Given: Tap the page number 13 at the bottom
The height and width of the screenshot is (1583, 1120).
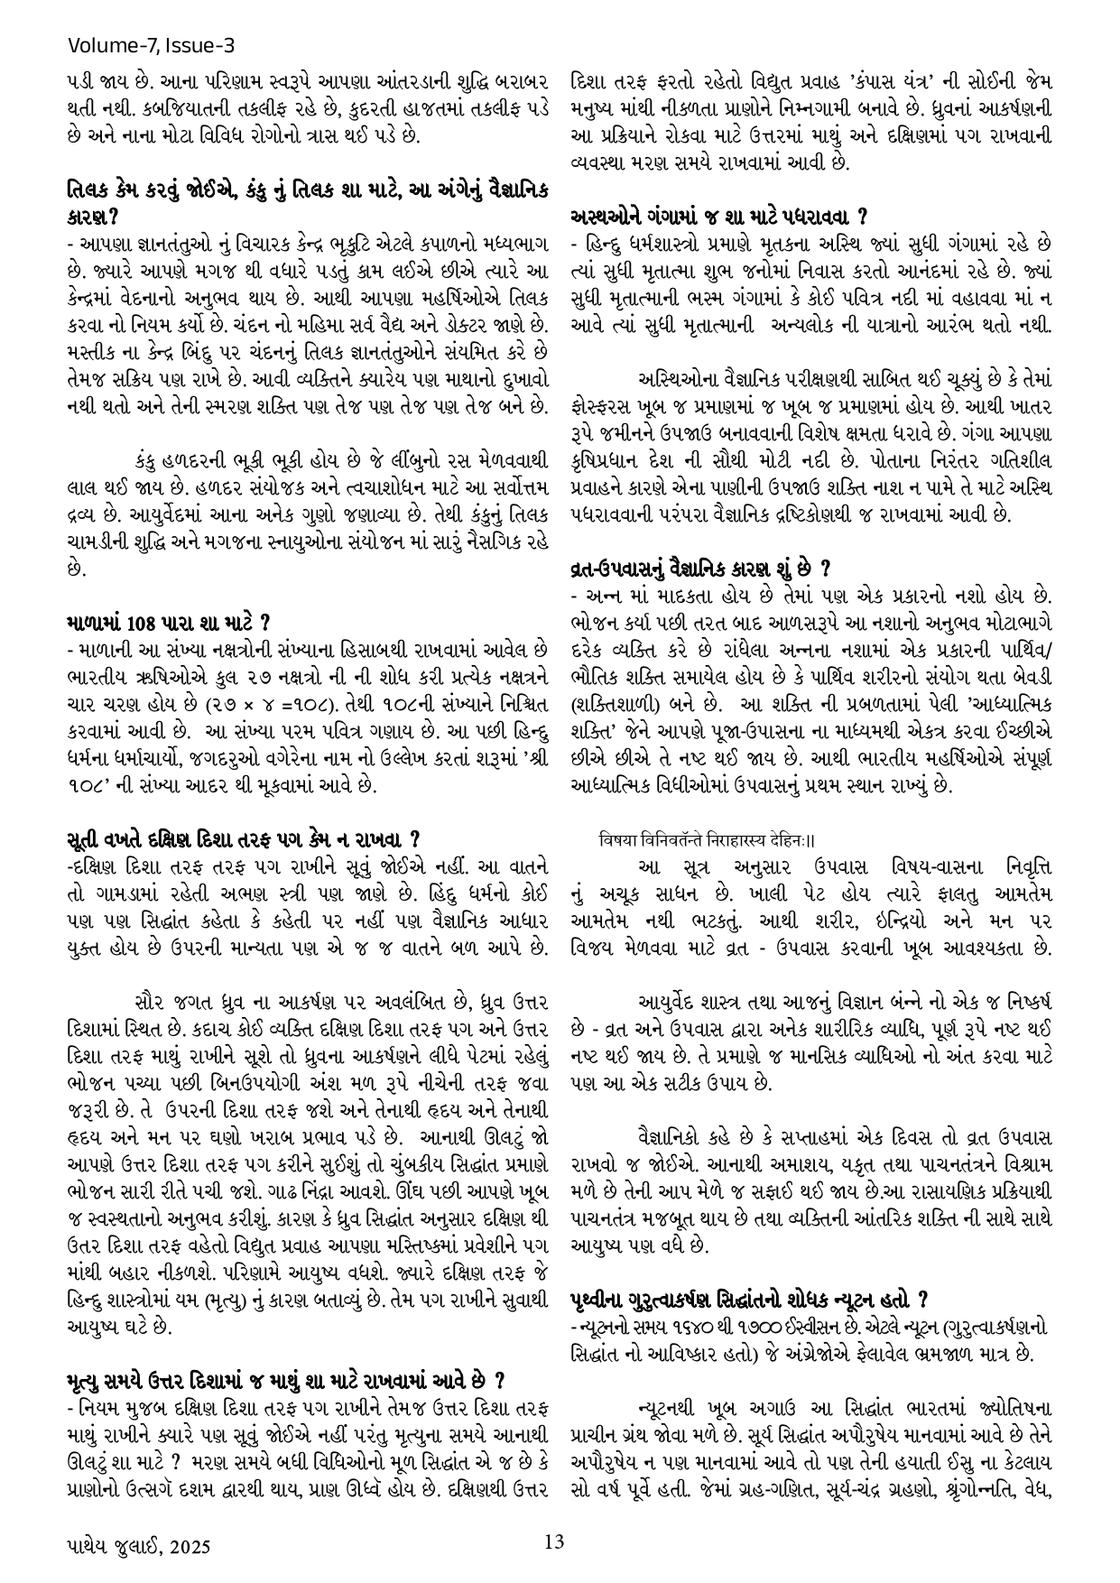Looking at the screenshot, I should click(x=555, y=1541).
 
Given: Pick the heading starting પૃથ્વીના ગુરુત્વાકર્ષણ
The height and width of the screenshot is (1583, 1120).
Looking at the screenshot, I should click(x=749, y=1300).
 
